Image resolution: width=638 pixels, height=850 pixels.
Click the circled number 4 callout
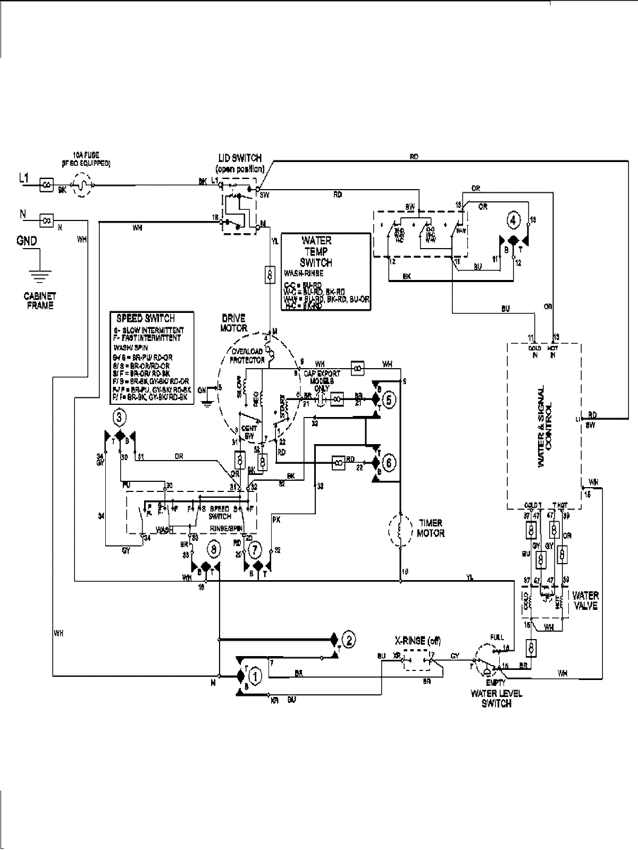513,219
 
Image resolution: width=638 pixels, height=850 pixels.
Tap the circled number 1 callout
256,676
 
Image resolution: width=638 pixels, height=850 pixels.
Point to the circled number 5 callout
389,399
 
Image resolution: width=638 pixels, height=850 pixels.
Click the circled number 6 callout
389,463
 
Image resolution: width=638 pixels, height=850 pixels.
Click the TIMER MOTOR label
430,528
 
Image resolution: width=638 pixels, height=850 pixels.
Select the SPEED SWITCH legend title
146,318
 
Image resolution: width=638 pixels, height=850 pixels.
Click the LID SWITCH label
240,162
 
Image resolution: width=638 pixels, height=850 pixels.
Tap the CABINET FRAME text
40,301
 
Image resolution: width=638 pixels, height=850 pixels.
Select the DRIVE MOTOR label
233,323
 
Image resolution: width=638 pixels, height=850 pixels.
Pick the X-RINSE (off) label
417,641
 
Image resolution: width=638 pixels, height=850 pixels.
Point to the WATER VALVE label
585,600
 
